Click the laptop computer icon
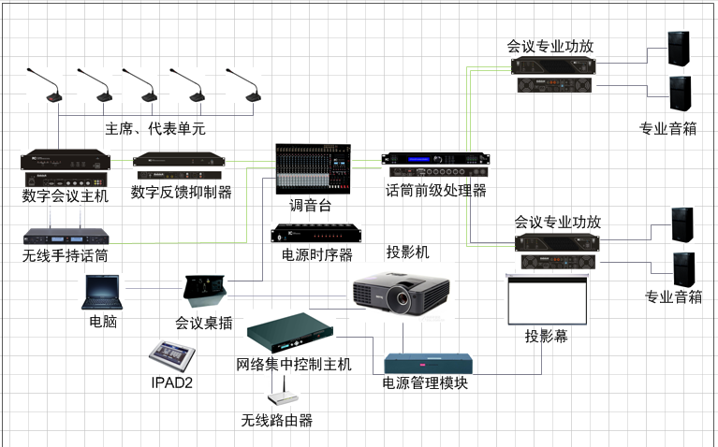tap(102, 293)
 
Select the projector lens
tap(402, 298)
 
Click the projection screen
tap(548, 299)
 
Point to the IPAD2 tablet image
tap(172, 356)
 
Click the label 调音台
tap(310, 206)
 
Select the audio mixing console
tap(314, 169)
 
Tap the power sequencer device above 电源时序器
tap(316, 234)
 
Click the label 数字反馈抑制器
tap(182, 192)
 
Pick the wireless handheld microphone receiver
tap(66, 236)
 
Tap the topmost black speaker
tap(679, 49)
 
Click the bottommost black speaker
tap(684, 269)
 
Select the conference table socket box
tap(204, 291)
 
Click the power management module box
tap(428, 364)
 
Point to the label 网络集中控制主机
tap(294, 365)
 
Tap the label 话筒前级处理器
tap(436, 191)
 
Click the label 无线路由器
tap(277, 420)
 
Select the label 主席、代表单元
tap(155, 128)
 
